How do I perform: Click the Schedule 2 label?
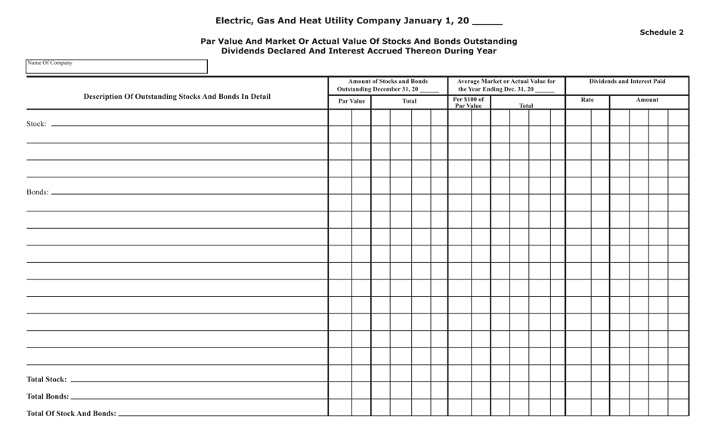[661, 32]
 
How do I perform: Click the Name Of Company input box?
[116, 67]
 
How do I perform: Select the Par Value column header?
[351, 101]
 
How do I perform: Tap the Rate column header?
[587, 100]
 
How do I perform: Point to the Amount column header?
[647, 100]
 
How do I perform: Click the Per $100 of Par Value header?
[469, 103]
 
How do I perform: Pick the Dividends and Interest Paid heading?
[627, 82]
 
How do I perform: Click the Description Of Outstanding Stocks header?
[177, 97]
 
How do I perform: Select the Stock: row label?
[36, 124]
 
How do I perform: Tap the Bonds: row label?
[37, 193]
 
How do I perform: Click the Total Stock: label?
[46, 380]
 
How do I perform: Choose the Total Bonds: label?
[47, 396]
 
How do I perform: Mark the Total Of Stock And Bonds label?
[71, 414]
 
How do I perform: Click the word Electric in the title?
[235, 21]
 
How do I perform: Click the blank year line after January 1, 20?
[487, 22]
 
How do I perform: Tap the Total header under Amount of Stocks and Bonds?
[409, 101]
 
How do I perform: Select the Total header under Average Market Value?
[526, 106]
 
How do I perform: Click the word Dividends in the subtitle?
[246, 51]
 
